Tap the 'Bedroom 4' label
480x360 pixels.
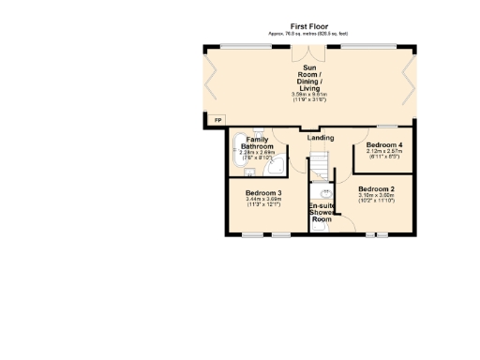[385, 144]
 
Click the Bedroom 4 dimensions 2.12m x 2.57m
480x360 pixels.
[385, 153]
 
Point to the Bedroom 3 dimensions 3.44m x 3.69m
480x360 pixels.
[264, 202]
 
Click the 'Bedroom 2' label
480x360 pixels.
[376, 189]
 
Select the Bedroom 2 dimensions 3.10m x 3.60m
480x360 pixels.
[376, 198]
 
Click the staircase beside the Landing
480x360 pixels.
[321, 165]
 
